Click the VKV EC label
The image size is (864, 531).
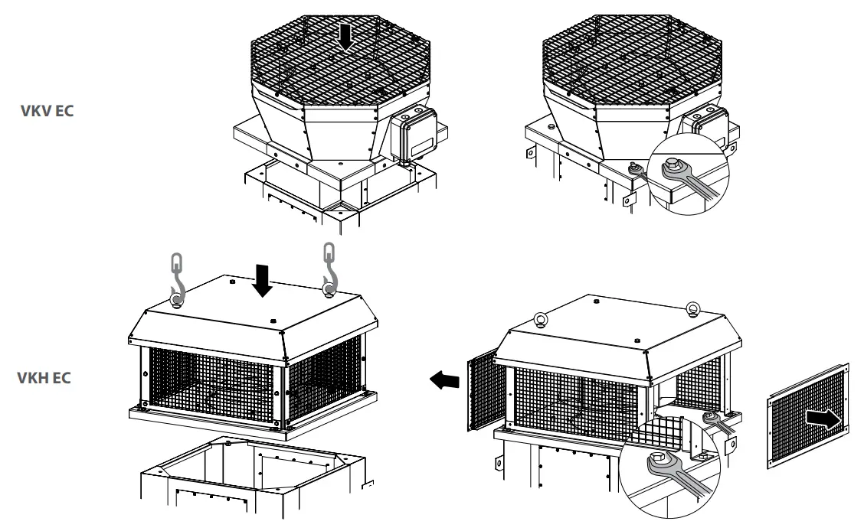[47, 109]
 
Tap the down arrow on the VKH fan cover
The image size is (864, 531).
[263, 281]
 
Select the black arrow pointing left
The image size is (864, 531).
[442, 379]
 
